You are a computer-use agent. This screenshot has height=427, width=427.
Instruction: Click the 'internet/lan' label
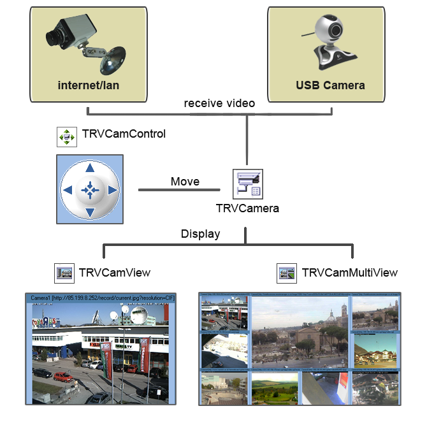[x=88, y=85]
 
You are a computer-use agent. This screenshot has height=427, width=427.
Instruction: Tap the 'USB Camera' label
[x=330, y=85]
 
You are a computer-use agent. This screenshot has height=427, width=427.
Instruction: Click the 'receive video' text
[x=219, y=103]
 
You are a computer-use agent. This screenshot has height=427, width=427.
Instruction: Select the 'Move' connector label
[x=185, y=182]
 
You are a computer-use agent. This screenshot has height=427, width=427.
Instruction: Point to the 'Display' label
[x=200, y=234]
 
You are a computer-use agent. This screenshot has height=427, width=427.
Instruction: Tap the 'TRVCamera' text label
[x=247, y=208]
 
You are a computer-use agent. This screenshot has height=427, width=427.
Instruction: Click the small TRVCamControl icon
[x=66, y=136]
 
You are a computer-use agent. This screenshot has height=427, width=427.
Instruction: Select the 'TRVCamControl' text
[x=124, y=134]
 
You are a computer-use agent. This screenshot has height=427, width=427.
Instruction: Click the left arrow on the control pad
[x=68, y=190]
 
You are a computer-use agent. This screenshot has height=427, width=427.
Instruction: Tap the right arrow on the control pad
[x=112, y=190]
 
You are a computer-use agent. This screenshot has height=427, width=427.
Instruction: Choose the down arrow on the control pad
[x=90, y=212]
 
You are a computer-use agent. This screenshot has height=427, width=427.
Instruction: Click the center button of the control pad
[x=90, y=189]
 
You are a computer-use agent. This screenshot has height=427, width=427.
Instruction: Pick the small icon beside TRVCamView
[x=64, y=273]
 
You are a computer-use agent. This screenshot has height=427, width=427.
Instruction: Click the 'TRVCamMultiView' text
[x=349, y=273]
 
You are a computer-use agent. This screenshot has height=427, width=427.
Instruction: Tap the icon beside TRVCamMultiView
[x=287, y=273]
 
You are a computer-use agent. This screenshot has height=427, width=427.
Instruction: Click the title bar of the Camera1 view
[x=99, y=297]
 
